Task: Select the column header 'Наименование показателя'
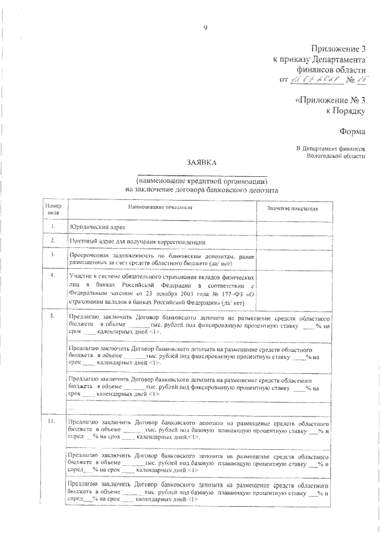click(x=162, y=207)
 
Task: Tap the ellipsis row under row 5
click(x=72, y=408)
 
